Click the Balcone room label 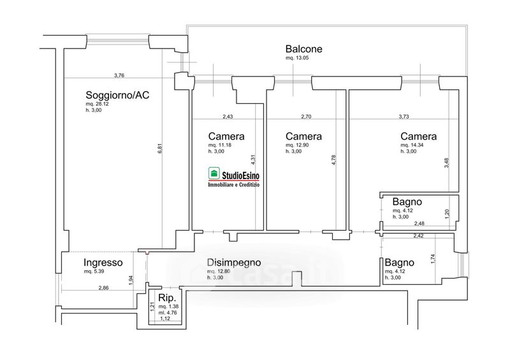tap(304, 49)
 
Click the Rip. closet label tap(167, 298)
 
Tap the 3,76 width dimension tap(119, 75)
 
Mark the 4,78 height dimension tap(333, 160)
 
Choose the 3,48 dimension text tap(447, 162)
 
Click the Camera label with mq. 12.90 tap(303, 136)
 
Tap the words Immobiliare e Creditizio tap(238, 185)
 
